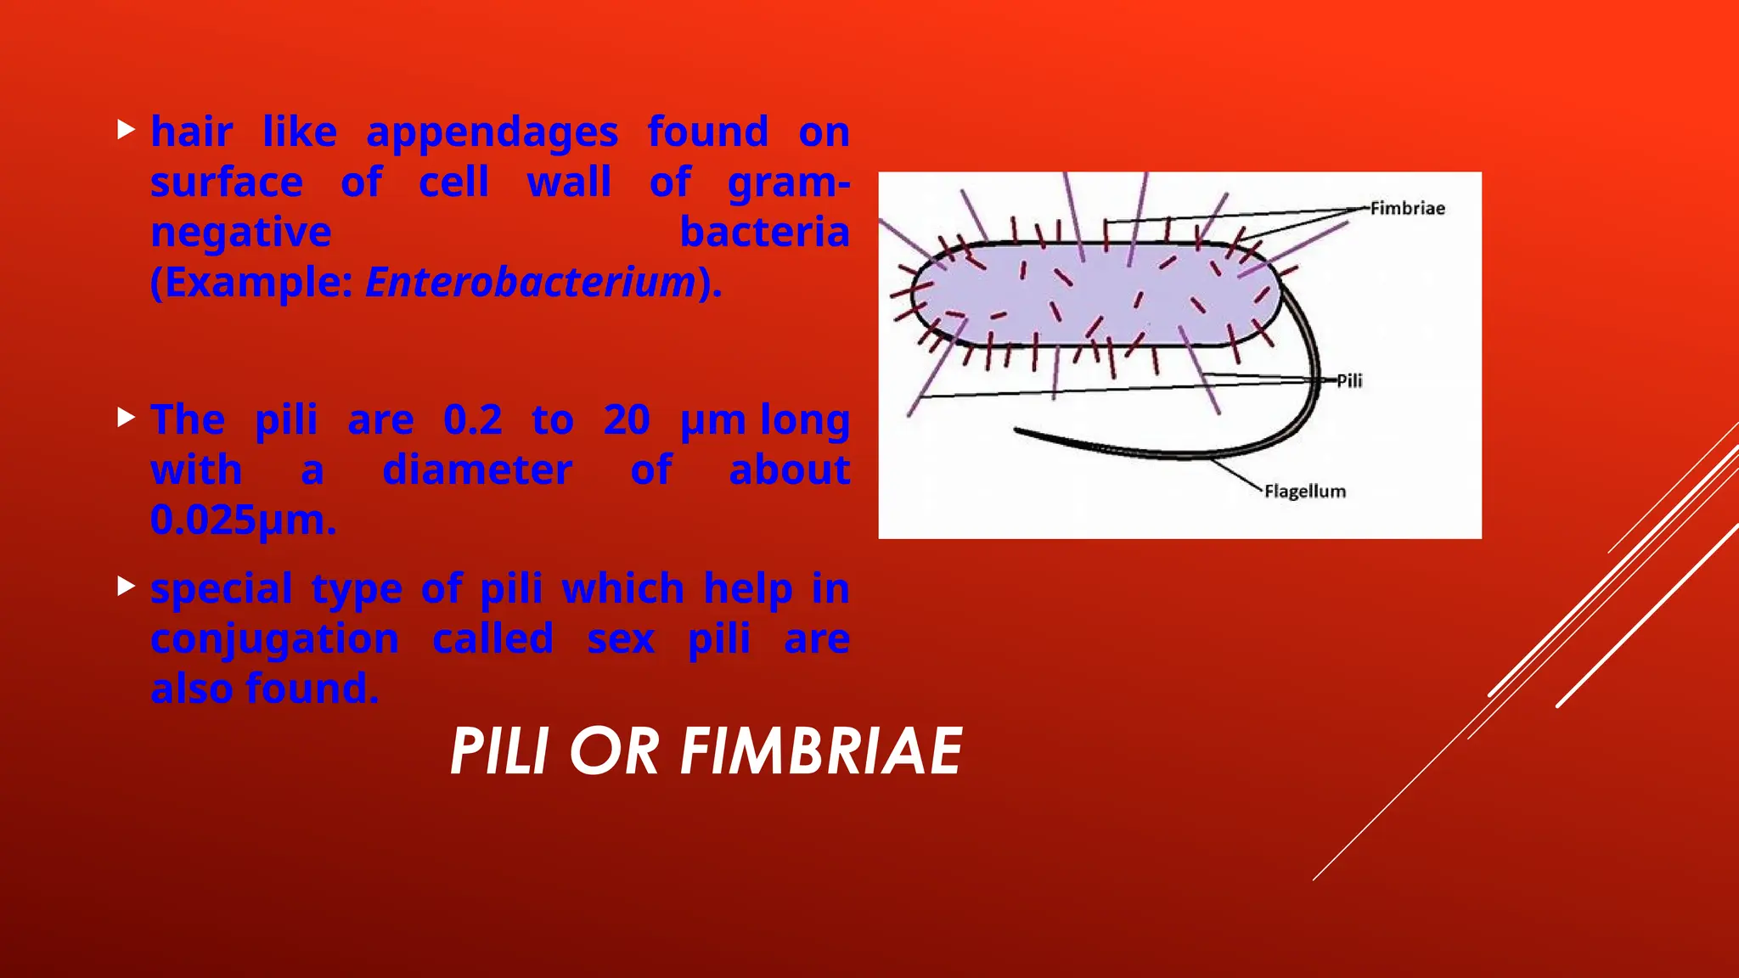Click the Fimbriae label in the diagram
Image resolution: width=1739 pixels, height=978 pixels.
click(1407, 208)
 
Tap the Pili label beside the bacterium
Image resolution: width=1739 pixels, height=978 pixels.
click(1349, 380)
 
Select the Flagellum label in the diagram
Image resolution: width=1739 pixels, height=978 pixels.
click(1304, 492)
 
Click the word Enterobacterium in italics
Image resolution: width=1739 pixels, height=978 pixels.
click(531, 282)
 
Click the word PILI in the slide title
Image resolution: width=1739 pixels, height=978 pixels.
click(499, 751)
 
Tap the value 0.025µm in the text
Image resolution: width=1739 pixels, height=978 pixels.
click(243, 520)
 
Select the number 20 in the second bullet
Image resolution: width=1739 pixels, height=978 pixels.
click(627, 419)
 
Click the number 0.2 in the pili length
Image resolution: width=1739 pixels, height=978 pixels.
click(473, 419)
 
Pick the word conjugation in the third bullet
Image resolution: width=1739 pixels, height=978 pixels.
click(274, 639)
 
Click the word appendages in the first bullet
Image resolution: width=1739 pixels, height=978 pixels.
click(492, 132)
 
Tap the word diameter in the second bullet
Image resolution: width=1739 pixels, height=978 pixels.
click(477, 469)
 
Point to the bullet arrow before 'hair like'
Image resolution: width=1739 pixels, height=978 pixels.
click(127, 130)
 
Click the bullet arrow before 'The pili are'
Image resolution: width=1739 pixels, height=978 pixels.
click(127, 417)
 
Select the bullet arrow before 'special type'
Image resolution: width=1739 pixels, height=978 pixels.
click(127, 585)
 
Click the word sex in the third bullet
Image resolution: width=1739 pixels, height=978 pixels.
click(621, 639)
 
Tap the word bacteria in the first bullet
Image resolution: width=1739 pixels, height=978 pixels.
click(764, 232)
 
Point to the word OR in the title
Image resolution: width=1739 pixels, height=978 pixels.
click(614, 751)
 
